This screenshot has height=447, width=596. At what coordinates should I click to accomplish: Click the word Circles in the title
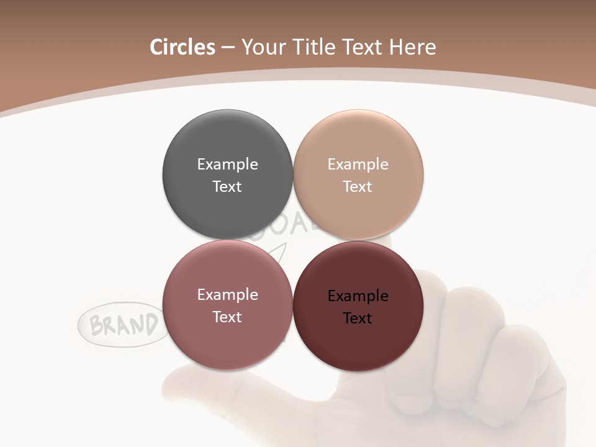click(182, 47)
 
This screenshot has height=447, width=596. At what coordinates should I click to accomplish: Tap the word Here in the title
click(412, 47)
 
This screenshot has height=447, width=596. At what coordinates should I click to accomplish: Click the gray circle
click(227, 143)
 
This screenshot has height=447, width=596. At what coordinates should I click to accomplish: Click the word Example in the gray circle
click(227, 165)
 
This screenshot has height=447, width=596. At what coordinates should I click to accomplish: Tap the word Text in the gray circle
click(227, 187)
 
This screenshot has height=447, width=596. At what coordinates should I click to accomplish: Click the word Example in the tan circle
click(358, 165)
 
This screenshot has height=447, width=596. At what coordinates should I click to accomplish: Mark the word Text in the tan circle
click(358, 187)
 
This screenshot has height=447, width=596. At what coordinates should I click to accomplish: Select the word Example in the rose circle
click(227, 295)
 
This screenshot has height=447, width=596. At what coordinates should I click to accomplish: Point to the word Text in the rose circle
click(227, 317)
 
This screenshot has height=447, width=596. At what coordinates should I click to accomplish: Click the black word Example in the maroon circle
click(358, 296)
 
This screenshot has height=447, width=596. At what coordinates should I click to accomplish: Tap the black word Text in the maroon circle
click(358, 318)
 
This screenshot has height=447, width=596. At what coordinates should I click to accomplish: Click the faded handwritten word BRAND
click(124, 325)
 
